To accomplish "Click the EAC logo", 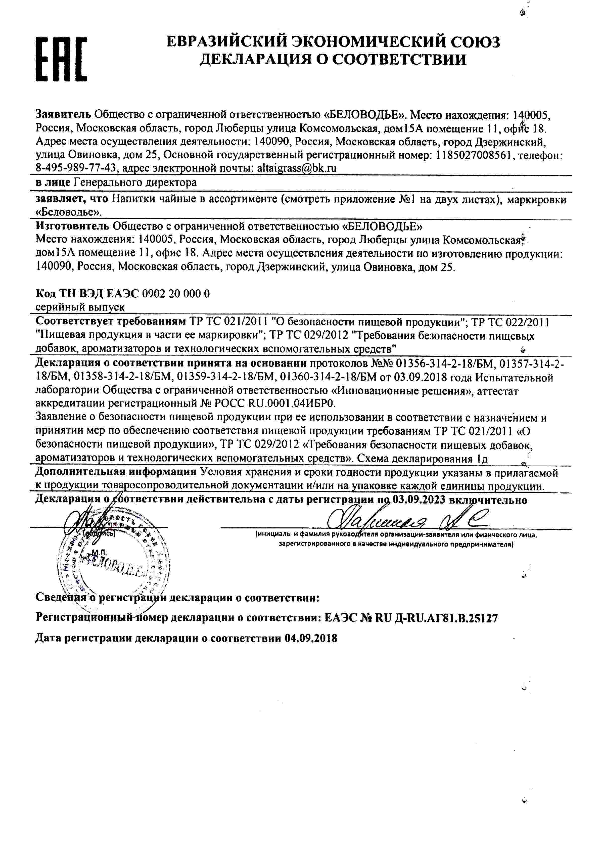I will [x=61, y=59].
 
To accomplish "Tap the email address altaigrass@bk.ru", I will [x=297, y=168].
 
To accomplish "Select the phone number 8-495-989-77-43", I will [x=76, y=168].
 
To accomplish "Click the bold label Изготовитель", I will [x=72, y=226].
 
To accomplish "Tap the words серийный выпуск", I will [x=80, y=307].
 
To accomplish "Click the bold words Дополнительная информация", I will [x=116, y=472].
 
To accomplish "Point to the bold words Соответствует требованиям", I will [x=110, y=321].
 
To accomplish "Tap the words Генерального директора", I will [x=135, y=183].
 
